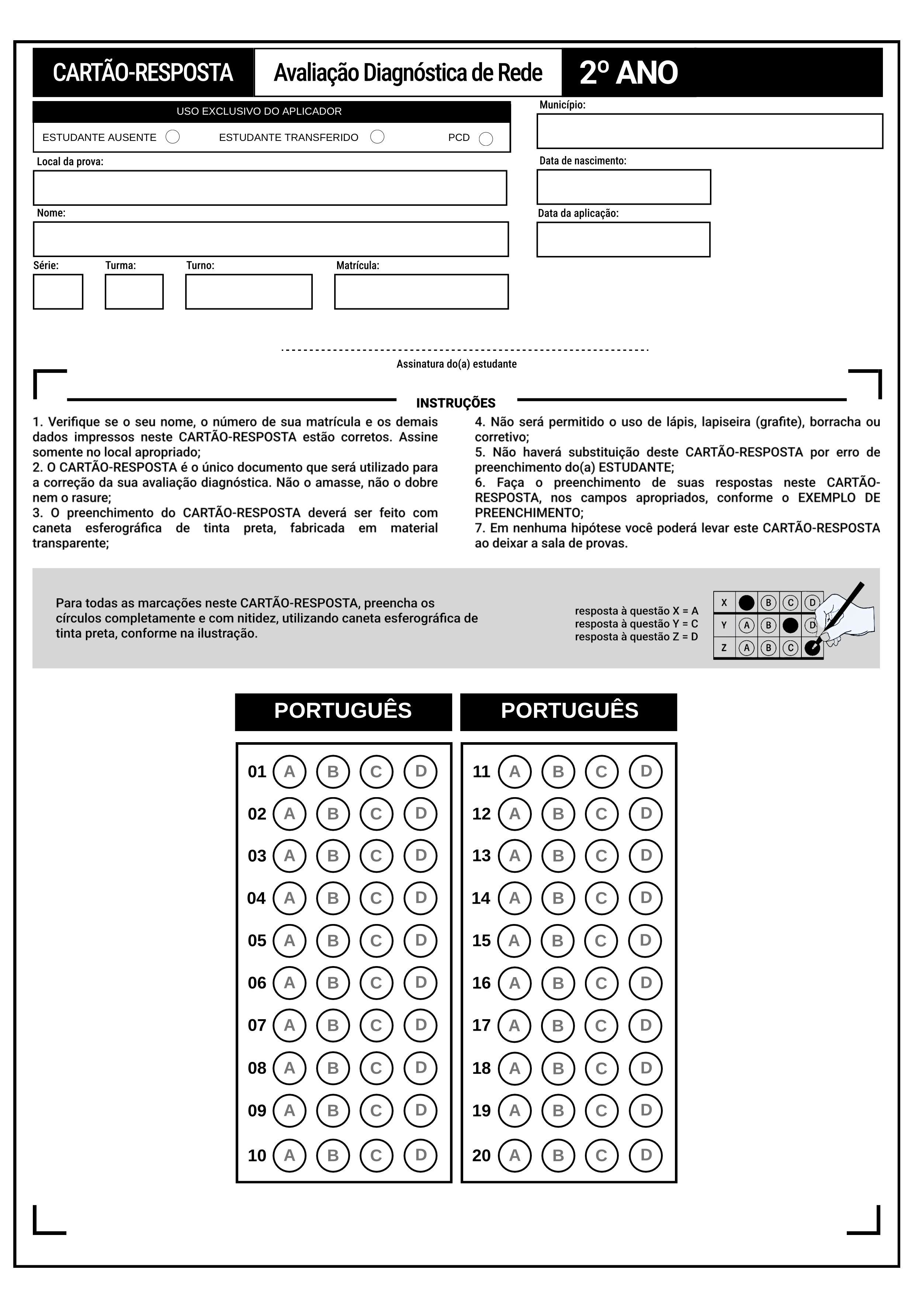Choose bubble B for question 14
pos(558,898)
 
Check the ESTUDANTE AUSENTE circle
pos(173,137)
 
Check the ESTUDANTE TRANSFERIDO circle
pos(378,137)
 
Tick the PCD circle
pos(486,139)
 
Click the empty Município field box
pos(709,131)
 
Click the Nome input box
pos(270,239)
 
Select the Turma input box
pos(134,291)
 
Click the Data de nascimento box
pos(624,187)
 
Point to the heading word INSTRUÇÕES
pos(456,403)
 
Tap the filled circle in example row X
pos(746,602)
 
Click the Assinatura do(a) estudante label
pos(456,364)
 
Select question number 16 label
pos(481,983)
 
